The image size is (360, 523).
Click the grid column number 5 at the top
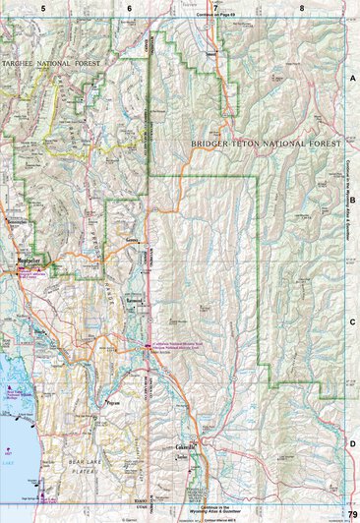42,7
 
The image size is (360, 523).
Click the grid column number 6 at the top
129,7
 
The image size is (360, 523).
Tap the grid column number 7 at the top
214,7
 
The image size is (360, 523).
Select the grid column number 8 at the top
302,7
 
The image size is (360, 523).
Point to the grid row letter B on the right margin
351,198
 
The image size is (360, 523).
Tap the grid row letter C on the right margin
351,321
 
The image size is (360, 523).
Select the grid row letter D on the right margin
351,443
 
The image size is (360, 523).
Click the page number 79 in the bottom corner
351,515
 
